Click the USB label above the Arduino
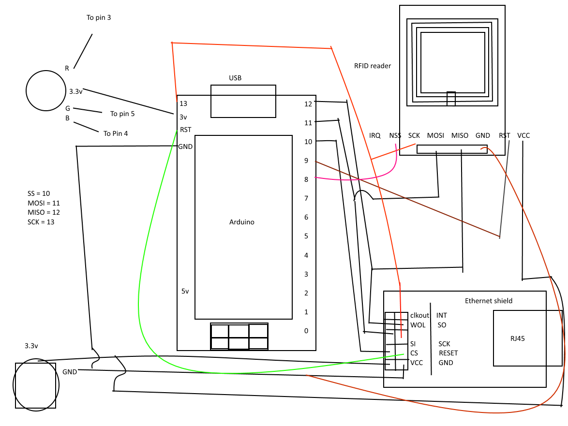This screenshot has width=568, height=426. point(235,78)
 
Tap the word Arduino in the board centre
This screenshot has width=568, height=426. point(242,222)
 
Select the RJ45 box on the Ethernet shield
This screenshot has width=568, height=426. point(517,338)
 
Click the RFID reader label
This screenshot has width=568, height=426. point(373,66)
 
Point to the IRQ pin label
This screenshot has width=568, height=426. point(374,135)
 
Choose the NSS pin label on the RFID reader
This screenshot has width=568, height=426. point(395,135)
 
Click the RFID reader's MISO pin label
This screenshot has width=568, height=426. point(460,135)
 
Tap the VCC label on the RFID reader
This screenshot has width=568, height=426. point(523,135)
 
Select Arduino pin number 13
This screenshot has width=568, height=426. point(183,103)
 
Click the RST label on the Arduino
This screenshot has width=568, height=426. point(185,130)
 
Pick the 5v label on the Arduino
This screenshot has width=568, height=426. point(185,291)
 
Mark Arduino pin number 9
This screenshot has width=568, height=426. point(306,160)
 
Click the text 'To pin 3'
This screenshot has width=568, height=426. point(99,17)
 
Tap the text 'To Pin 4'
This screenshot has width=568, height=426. point(116,133)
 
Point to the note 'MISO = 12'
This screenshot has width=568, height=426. point(44,212)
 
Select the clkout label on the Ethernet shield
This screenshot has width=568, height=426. point(419,315)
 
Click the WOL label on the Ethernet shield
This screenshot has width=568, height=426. point(418,325)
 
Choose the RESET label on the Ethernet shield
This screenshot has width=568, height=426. point(448,353)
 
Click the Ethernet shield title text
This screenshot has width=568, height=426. point(489,301)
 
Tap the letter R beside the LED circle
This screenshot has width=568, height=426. point(67,68)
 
